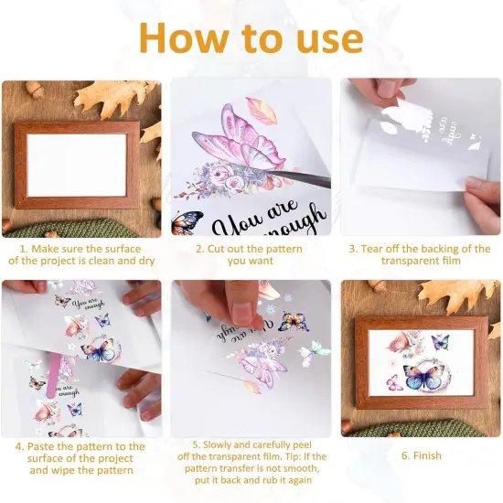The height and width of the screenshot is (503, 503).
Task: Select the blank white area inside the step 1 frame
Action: pyautogui.click(x=77, y=165)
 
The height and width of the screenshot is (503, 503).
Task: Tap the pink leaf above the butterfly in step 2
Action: pyautogui.click(x=262, y=112)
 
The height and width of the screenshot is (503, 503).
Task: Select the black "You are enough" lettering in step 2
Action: pyautogui.click(x=265, y=220)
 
